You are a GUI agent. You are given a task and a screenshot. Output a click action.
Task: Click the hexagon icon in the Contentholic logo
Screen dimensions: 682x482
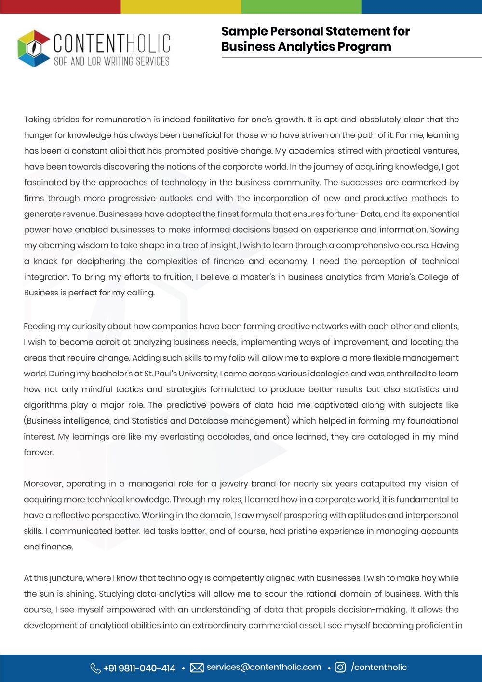point(34,48)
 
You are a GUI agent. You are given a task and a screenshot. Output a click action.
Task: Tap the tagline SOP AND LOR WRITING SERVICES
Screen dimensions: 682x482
point(111,61)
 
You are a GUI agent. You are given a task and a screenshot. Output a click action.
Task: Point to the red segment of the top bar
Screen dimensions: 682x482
point(60,7)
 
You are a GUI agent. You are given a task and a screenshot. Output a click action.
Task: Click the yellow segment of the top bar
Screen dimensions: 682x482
point(181,7)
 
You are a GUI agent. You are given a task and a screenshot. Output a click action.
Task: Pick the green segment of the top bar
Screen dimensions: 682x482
point(301,7)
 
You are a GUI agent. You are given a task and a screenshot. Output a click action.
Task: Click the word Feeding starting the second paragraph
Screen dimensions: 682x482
point(39,326)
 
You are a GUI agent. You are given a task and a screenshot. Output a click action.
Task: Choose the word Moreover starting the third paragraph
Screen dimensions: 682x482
point(43,484)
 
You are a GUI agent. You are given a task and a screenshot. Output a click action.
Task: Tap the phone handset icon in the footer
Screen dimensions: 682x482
point(95,668)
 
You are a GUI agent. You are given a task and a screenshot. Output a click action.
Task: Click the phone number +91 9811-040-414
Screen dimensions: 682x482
point(139,668)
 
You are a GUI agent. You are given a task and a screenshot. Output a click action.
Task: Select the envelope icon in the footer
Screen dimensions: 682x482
point(197,668)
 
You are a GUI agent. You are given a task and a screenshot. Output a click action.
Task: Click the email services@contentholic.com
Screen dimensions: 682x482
point(264,667)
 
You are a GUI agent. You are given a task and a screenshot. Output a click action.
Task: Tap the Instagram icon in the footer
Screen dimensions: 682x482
point(340,668)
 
